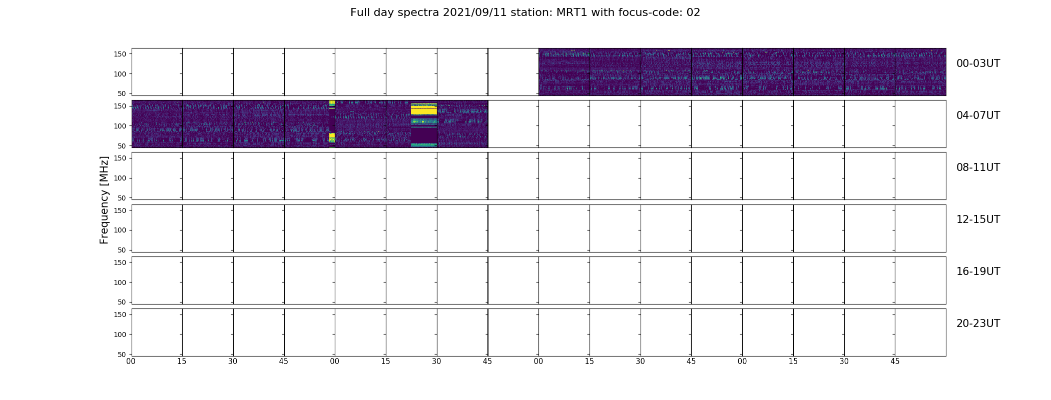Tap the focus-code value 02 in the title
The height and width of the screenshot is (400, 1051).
coord(693,12)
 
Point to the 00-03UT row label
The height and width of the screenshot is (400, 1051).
coord(978,63)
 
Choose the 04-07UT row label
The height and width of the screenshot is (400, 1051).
coord(978,115)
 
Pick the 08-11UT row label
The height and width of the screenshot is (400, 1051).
coord(978,167)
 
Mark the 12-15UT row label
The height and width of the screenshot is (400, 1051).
coord(978,219)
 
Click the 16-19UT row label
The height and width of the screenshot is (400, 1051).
coord(978,271)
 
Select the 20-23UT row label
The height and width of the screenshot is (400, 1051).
coord(978,323)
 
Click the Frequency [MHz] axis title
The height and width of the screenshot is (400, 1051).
coord(104,200)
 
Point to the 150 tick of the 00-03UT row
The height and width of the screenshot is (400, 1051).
coord(120,54)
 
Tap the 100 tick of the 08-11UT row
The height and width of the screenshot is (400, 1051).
coord(120,178)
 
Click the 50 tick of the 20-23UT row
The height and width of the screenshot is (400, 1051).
coord(122,354)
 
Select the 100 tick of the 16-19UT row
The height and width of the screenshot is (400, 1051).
coord(120,282)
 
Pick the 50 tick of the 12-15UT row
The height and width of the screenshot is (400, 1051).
coord(122,250)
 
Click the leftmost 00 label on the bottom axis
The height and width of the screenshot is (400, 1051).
coord(131,361)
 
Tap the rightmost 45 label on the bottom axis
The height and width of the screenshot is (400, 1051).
coord(895,361)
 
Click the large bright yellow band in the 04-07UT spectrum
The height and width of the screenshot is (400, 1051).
coord(423,109)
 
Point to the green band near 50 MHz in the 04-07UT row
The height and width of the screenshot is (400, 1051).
coord(423,144)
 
